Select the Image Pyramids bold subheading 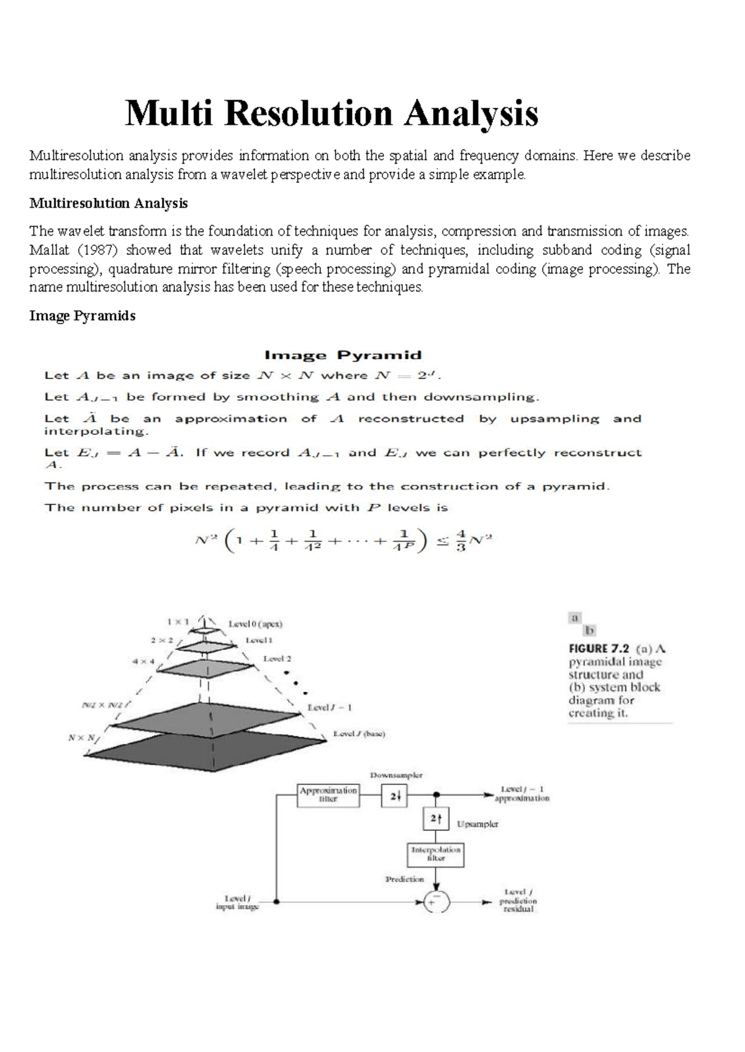tap(82, 316)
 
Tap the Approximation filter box tap(328, 795)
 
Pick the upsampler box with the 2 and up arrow tap(436, 819)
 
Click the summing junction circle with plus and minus tap(436, 902)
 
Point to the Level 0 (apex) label tap(255, 624)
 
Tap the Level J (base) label tap(359, 734)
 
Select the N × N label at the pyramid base tap(83, 738)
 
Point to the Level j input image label tap(237, 902)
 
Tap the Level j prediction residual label tap(518, 901)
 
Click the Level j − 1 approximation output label tap(521, 794)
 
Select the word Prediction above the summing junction tap(404, 879)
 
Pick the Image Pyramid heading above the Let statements tap(343, 355)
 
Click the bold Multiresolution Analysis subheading tap(108, 203)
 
